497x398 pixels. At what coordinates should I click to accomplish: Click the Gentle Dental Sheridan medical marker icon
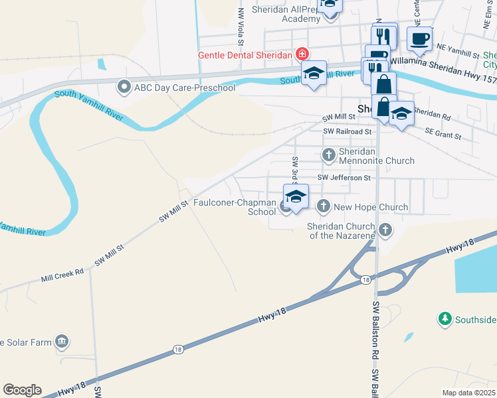coord(302,54)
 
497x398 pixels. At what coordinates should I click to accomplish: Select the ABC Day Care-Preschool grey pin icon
coord(124,86)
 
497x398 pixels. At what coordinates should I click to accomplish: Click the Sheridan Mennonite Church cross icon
coord(328,155)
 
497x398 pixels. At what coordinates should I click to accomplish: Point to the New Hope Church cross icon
coord(324,207)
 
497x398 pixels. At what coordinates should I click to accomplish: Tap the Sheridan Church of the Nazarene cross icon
coord(385,232)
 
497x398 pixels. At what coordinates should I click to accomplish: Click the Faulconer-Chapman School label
coord(234,208)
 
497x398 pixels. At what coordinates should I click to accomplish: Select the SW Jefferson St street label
coord(344,178)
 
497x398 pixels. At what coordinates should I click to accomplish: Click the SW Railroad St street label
coord(347,132)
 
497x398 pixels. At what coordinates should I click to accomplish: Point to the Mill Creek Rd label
coord(62,272)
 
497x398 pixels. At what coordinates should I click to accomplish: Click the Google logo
coord(22,390)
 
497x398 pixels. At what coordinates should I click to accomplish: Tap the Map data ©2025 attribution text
coord(468,393)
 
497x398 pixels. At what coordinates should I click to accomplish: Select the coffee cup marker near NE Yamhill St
coord(419,39)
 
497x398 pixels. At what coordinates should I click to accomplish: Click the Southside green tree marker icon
coord(445,319)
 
